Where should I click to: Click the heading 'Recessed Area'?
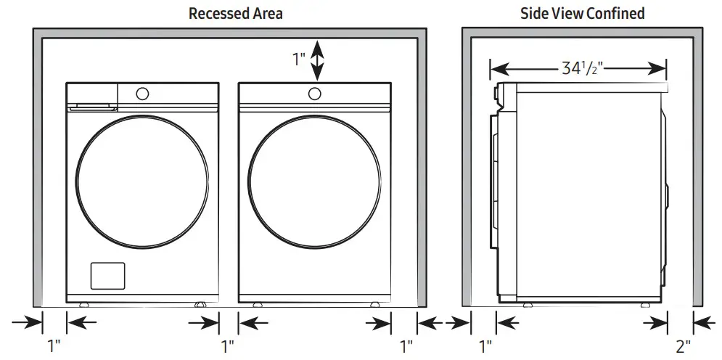[x=235, y=13]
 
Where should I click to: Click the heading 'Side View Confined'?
[x=583, y=13]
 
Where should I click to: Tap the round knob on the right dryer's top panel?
[x=314, y=93]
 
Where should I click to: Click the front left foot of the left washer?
[x=84, y=304]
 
